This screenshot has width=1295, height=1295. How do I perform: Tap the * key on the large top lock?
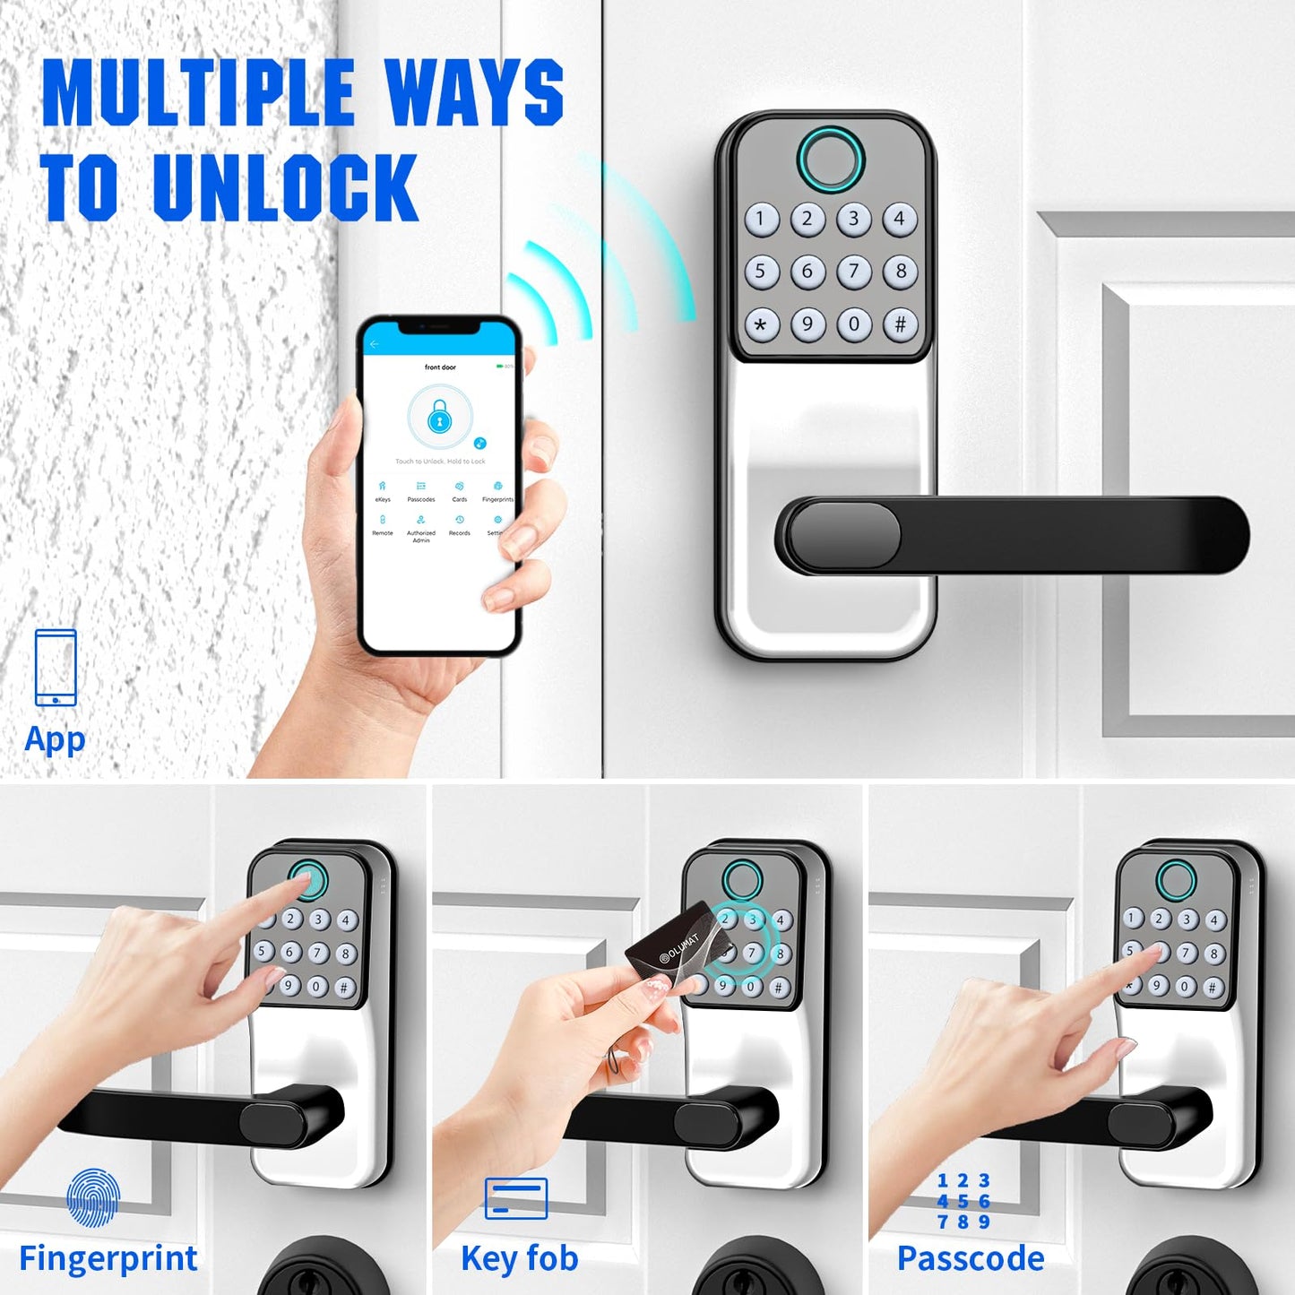(761, 324)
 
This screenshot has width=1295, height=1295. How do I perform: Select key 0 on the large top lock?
(854, 324)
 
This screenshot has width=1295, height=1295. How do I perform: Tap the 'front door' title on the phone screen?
(440, 367)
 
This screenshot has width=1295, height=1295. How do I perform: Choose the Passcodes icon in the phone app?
(421, 488)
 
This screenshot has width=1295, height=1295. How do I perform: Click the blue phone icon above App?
(56, 668)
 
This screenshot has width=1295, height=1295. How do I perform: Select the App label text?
(55, 740)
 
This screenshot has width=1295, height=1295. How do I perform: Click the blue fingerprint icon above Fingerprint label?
(92, 1197)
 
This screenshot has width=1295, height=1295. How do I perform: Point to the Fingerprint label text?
(108, 1258)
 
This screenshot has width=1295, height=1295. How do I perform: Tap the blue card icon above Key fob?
(516, 1198)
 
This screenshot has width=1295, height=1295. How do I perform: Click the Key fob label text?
(520, 1258)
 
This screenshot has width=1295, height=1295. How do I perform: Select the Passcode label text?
(971, 1258)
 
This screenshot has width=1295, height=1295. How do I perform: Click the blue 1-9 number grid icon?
(963, 1201)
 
